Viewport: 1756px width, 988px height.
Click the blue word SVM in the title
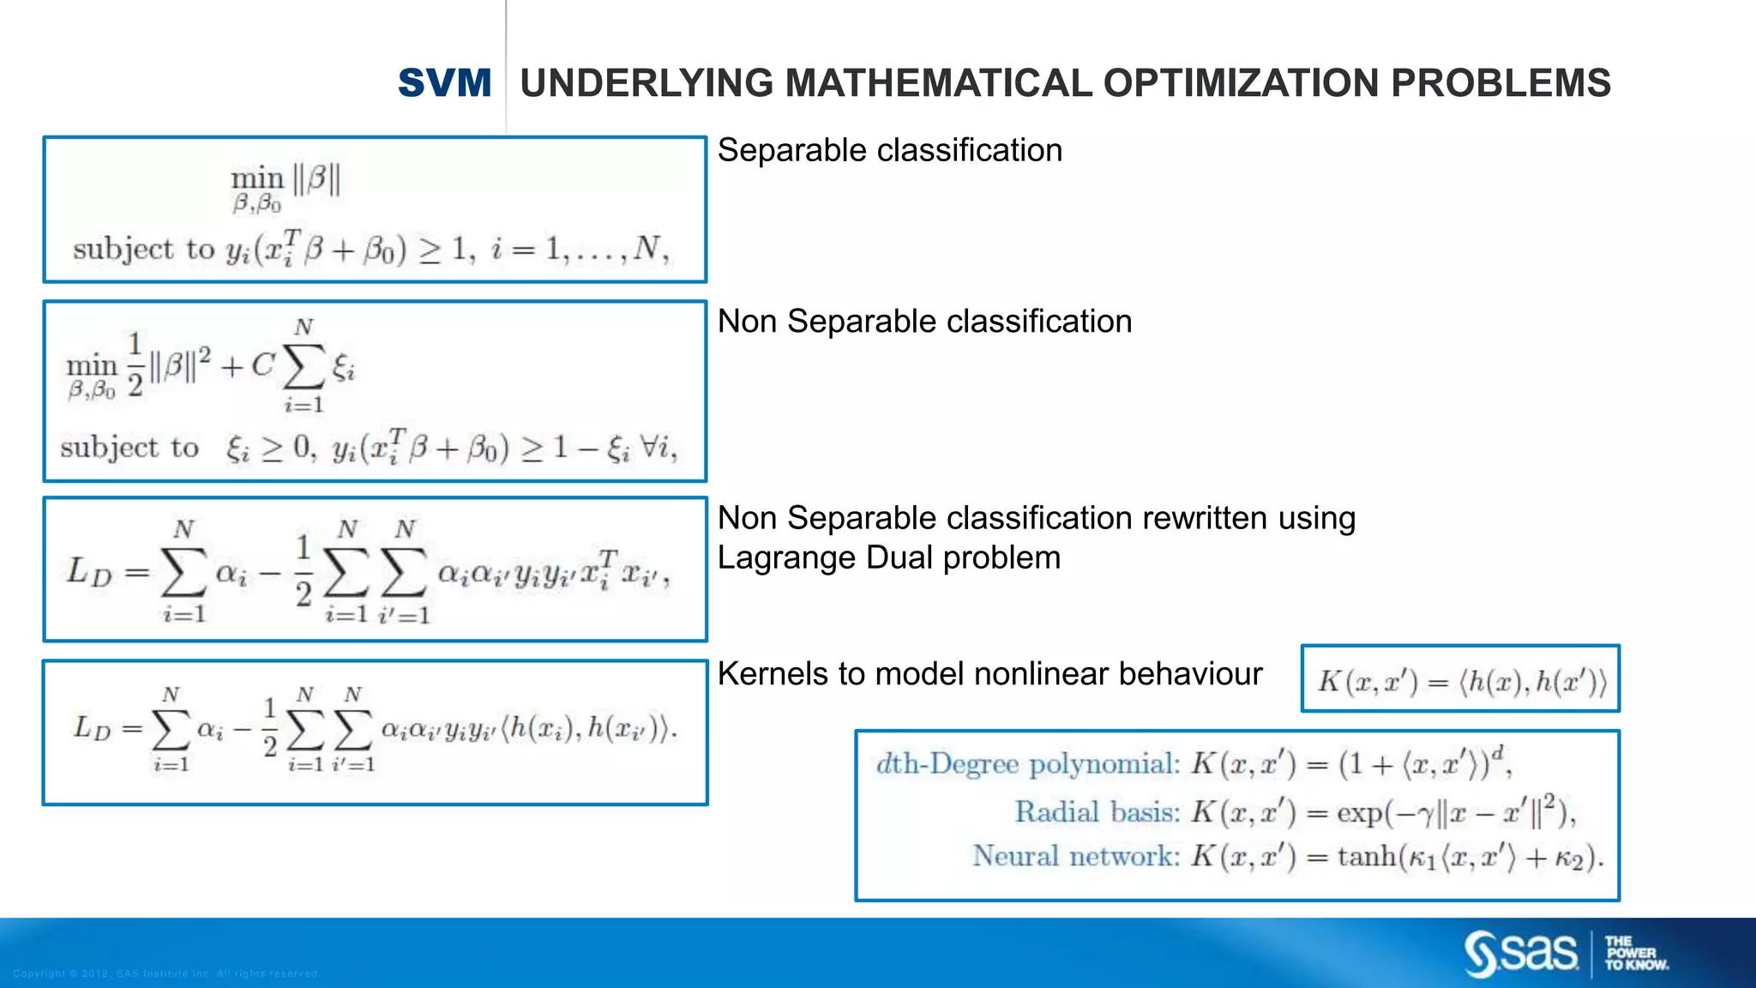tap(444, 83)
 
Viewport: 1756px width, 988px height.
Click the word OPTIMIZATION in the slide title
tap(1241, 83)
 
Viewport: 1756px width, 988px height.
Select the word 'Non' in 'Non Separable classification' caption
tap(747, 322)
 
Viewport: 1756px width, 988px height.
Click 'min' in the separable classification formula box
tap(256, 178)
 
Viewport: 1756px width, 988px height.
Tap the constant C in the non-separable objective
tap(262, 366)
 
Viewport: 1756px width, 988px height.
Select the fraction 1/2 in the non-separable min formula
tap(135, 365)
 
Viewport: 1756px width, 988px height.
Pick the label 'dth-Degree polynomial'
tap(1026, 764)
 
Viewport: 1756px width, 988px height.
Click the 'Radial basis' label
tap(1097, 811)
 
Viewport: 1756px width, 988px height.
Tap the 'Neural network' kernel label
tap(1075, 856)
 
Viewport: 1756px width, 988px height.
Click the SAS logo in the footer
tap(1521, 953)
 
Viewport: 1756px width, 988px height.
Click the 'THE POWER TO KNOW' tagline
tap(1636, 953)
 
